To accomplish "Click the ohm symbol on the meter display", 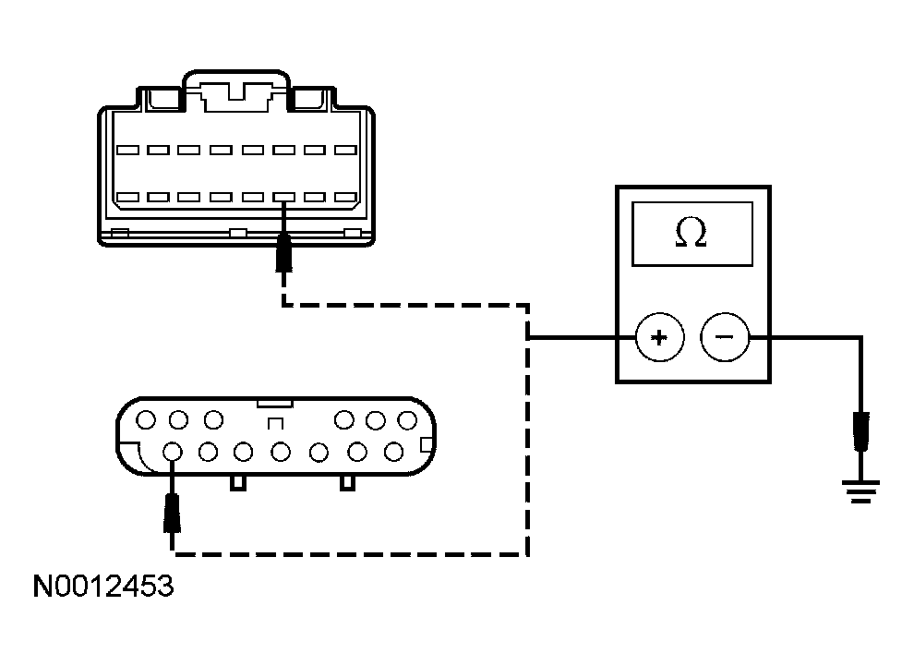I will coord(692,234).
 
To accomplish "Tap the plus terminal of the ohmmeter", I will coord(659,337).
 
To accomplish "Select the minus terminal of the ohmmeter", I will coord(724,337).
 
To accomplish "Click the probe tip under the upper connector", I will coord(284,253).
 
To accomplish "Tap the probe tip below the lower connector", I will coord(172,513).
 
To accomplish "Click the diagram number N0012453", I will coord(102,587).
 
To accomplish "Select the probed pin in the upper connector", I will coord(284,198).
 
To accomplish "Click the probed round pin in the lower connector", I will coord(172,452).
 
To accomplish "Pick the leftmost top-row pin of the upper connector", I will coord(127,150).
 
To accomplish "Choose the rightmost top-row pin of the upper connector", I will coord(345,150).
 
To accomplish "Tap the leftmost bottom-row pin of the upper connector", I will coord(127,198).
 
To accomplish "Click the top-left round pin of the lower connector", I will coord(145,421).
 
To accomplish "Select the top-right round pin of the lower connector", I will coord(406,421).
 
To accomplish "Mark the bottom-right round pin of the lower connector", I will coord(394,452).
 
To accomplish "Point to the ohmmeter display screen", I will coord(692,234).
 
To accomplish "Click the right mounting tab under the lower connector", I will coord(348,482).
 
